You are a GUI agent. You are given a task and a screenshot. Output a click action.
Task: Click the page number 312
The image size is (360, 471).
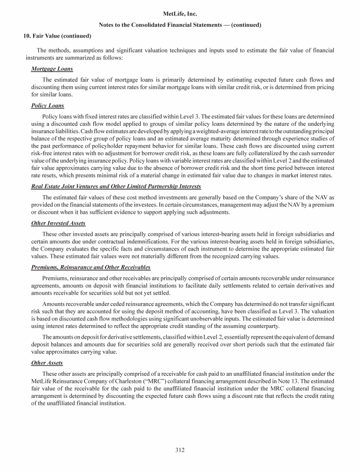point(180,450)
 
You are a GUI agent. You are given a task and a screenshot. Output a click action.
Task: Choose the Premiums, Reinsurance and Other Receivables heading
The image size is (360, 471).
point(90,267)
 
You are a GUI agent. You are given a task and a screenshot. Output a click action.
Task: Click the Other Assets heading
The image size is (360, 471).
point(47,363)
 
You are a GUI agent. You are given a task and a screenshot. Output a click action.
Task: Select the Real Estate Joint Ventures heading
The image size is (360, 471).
point(103,186)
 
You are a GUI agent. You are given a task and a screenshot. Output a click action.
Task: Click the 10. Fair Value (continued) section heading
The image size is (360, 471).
point(57,36)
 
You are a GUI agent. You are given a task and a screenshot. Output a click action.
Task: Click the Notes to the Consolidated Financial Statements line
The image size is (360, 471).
point(180,24)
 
